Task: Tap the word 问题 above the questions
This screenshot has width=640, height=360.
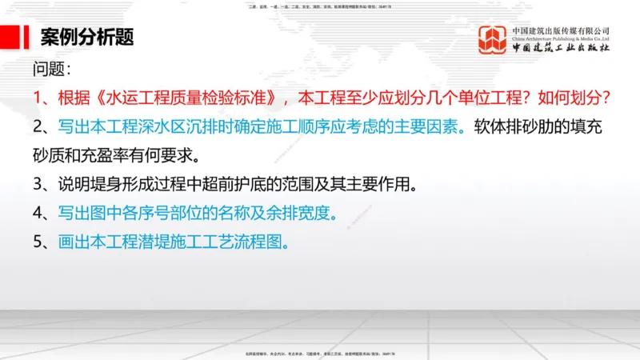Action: pyautogui.click(x=50, y=69)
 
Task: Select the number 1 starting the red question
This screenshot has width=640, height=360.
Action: pyautogui.click(x=38, y=98)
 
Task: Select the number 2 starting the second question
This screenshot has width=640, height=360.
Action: pyautogui.click(x=38, y=126)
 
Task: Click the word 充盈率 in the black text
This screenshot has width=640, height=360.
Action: pyautogui.click(x=117, y=154)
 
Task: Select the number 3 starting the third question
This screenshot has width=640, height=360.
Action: pyautogui.click(x=38, y=184)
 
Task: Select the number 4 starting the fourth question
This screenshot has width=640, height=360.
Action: pyautogui.click(x=38, y=213)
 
